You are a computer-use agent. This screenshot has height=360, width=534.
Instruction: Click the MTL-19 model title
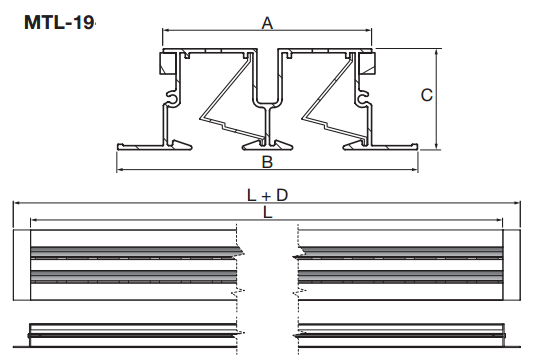point(59,22)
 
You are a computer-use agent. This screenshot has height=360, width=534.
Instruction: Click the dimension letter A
point(267,23)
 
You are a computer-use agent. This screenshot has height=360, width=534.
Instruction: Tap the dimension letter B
point(267,162)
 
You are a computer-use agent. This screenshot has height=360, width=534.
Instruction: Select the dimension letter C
point(427,95)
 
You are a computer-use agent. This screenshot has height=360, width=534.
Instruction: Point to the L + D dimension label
point(267,195)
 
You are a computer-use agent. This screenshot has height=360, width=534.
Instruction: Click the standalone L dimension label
point(268,213)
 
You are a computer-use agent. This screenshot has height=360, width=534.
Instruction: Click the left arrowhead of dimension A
point(165,31)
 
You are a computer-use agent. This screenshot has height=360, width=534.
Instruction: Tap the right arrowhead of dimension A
point(369,31)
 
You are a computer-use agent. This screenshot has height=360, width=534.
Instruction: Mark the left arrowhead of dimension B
point(120,169)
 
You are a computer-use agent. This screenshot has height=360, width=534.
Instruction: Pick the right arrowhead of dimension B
point(415,169)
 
